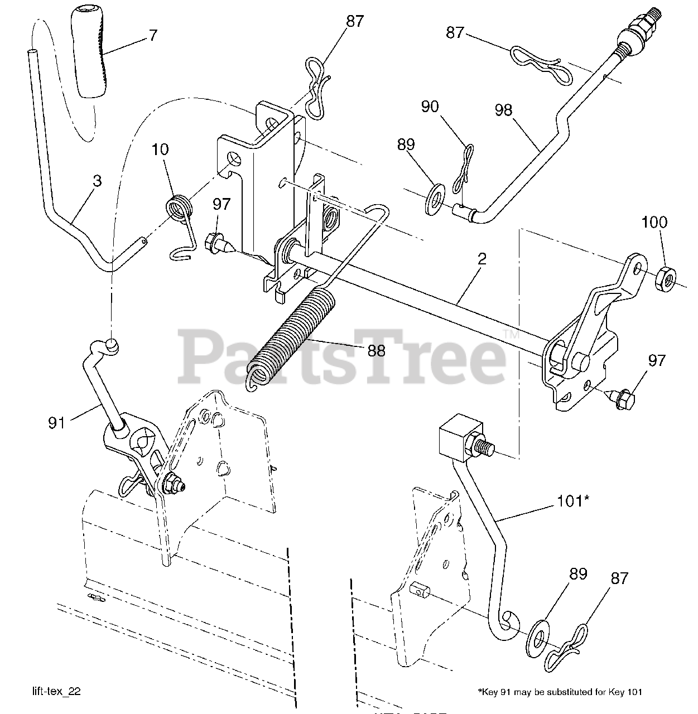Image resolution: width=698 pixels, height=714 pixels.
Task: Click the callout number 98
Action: (503, 110)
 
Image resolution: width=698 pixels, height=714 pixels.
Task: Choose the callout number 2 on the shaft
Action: (482, 258)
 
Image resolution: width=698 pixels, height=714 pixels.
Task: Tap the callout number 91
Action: (56, 423)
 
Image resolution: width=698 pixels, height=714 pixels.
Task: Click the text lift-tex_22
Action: (56, 691)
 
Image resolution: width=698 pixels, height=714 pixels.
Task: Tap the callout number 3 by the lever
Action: (97, 181)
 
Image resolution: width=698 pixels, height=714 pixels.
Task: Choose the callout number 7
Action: (152, 35)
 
